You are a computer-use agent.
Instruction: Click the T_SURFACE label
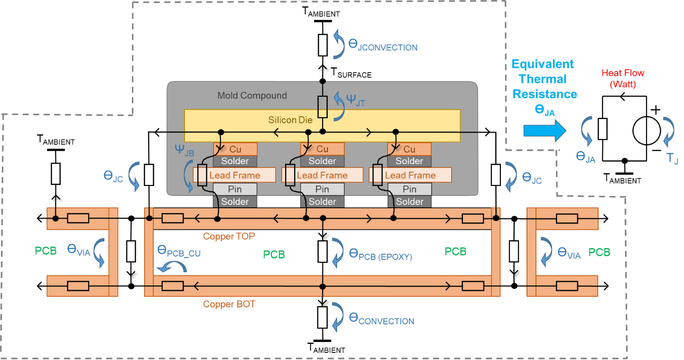point(351,73)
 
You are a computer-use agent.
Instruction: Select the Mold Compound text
point(252,95)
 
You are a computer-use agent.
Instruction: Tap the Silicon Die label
point(290,120)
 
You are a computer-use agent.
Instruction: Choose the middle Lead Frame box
point(322,175)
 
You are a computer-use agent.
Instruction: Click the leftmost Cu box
point(235,149)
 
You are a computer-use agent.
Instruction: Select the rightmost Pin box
point(409,189)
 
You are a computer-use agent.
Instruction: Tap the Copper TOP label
point(230,236)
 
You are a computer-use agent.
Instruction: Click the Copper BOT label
point(229,304)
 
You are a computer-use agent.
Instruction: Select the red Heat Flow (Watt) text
point(623,79)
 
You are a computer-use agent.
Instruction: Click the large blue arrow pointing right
point(545,130)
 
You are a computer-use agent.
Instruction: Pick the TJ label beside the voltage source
point(672,158)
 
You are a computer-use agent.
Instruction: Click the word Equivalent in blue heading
point(543,64)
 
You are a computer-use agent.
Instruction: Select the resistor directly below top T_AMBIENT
point(323,45)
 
